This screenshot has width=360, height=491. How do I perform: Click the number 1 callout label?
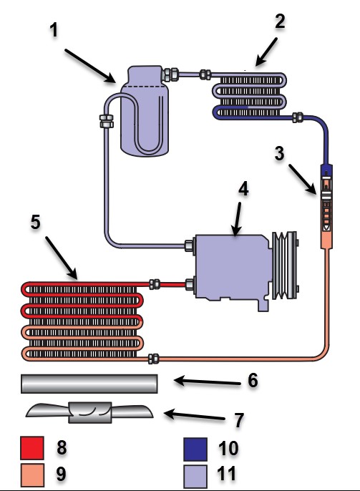pos(54,30)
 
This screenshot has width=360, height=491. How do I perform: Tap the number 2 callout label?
pos(280,21)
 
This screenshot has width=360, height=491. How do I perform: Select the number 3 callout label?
pos(279,153)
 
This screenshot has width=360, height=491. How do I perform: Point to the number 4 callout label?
pos(243,189)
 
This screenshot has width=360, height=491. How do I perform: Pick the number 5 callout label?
pos(36,222)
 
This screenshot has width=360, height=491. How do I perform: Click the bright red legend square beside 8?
pos(32,448)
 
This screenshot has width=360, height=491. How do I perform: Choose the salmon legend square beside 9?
pos(32,475)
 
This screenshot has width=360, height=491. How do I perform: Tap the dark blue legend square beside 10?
pos(195,449)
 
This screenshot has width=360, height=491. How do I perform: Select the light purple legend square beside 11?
pos(195,476)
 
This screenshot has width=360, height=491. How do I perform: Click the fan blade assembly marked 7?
pos(90,413)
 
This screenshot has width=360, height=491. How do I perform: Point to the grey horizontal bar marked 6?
pos(89,384)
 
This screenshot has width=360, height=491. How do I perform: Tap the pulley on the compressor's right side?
pos(285,265)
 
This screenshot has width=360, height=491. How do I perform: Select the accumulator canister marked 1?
pos(145,111)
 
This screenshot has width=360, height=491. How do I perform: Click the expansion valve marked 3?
pos(326,206)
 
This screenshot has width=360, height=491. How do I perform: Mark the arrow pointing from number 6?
pos(208,381)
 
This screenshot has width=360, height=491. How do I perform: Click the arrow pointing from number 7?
pos(194,416)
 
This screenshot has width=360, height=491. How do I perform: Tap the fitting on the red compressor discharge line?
pos(155,284)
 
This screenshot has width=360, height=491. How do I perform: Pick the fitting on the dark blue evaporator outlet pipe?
pos(298,117)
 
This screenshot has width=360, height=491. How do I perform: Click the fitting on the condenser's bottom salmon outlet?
pos(153,359)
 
